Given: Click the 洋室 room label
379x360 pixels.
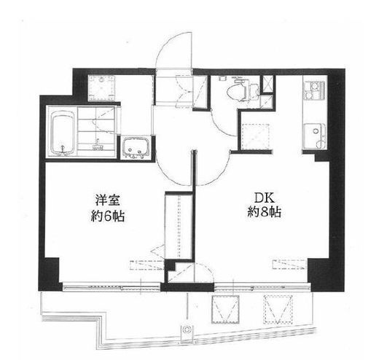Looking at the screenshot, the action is pyautogui.click(x=107, y=201).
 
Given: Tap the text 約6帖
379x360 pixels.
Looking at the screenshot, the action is pyautogui.click(x=108, y=216).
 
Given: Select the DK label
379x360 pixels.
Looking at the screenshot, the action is pyautogui.click(x=264, y=198).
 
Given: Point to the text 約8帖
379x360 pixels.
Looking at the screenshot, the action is pyautogui.click(x=265, y=212).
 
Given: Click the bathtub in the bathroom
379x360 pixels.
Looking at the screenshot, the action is pyautogui.click(x=63, y=133).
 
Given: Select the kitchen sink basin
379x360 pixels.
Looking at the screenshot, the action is pyautogui.click(x=315, y=136).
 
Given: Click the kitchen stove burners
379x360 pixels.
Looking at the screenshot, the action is pyautogui.click(x=314, y=90).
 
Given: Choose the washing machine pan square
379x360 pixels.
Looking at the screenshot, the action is pyautogui.click(x=101, y=87).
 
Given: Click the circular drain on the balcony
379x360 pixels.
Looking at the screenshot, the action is pyautogui.click(x=187, y=329).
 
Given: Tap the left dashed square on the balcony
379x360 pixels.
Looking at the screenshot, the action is pyautogui.click(x=225, y=309).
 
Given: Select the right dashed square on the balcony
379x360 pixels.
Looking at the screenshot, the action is pyautogui.click(x=278, y=309).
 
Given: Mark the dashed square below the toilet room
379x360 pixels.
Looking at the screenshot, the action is pyautogui.click(x=256, y=136).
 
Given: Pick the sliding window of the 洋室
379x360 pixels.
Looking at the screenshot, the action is pyautogui.click(x=112, y=287).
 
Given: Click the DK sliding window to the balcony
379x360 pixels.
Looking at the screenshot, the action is pyautogui.click(x=262, y=287).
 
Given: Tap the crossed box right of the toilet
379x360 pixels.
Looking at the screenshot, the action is pyautogui.click(x=267, y=84).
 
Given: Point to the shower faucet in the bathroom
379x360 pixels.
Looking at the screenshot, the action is pyautogui.click(x=97, y=144).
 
